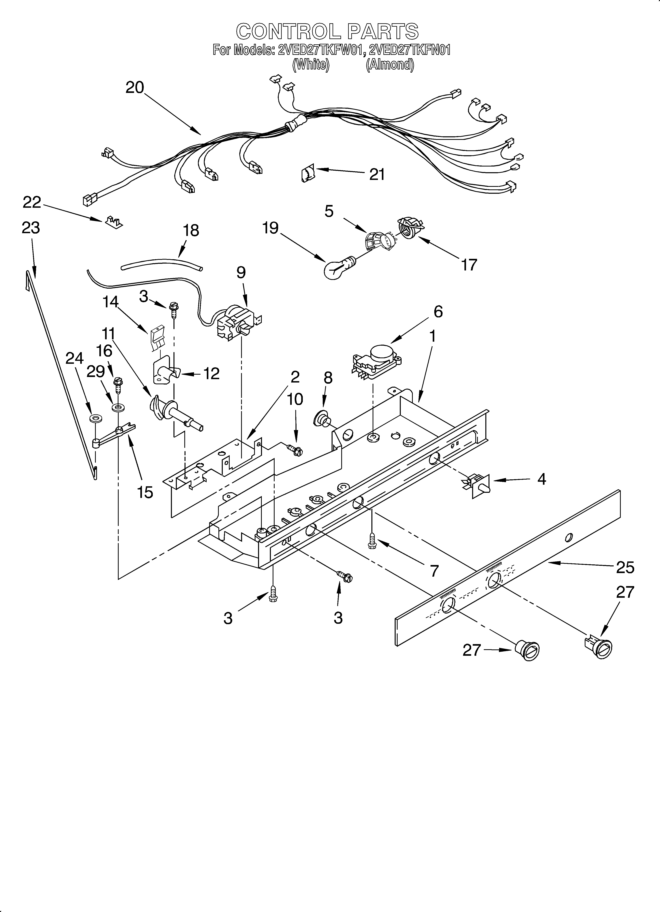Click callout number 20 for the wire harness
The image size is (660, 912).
point(135,87)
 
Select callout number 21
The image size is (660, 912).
point(377,175)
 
